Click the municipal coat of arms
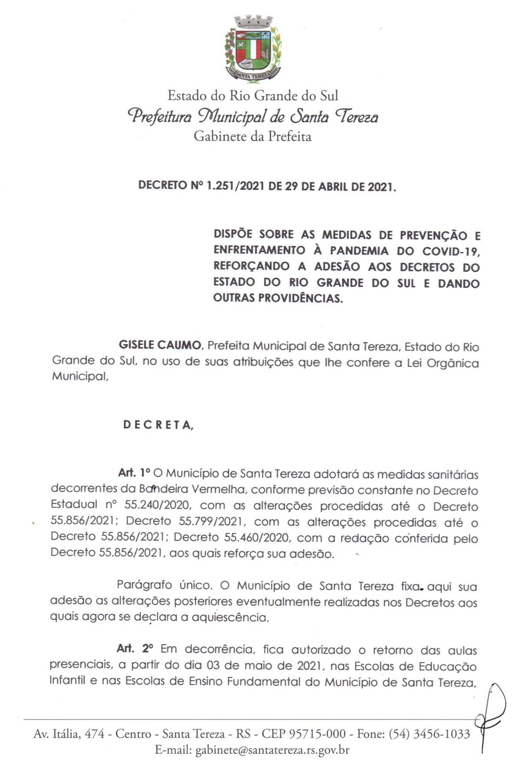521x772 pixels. click(x=253, y=48)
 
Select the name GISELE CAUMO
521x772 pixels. click(x=160, y=346)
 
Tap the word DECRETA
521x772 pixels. click(x=158, y=425)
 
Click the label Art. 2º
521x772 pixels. click(x=135, y=649)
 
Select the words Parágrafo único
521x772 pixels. click(x=164, y=585)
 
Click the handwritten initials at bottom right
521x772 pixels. click(x=489, y=719)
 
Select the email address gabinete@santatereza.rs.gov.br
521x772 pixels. click(x=272, y=750)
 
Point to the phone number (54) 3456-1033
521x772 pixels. click(x=429, y=734)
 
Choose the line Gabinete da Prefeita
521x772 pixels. click(x=252, y=136)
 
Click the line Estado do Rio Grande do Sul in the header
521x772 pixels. click(x=253, y=96)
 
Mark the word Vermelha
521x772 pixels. click(x=220, y=489)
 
